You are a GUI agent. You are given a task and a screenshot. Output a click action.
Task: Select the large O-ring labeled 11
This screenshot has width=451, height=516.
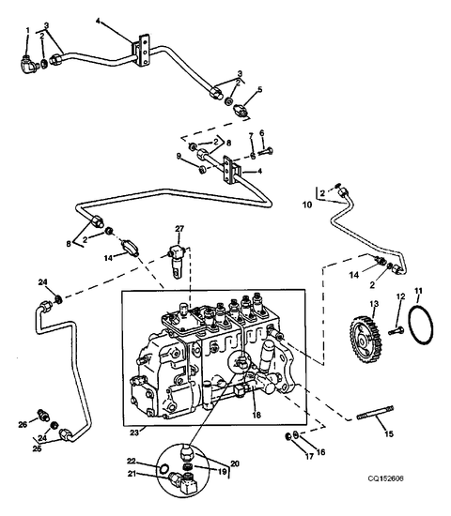(x=420, y=326)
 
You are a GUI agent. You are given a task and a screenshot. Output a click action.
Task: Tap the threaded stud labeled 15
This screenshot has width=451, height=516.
(x=375, y=413)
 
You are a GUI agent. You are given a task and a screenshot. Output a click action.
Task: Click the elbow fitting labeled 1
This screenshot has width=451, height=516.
(x=28, y=64)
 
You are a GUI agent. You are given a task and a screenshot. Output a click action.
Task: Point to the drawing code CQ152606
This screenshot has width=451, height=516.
(x=386, y=478)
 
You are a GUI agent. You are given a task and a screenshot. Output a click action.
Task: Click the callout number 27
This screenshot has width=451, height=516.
(x=179, y=228)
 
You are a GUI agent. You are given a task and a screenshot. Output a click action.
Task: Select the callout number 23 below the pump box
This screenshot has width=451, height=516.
(x=134, y=433)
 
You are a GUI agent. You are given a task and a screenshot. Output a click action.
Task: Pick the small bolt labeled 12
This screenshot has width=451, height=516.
(x=397, y=330)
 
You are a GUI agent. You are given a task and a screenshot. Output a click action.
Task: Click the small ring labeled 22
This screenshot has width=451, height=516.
(x=163, y=469)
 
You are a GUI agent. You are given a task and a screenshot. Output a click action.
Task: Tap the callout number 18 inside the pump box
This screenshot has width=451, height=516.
(x=257, y=415)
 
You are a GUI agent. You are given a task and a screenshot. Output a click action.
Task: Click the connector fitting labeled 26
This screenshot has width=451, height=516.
(x=43, y=415)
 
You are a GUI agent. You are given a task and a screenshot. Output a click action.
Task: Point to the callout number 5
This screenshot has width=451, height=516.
(x=259, y=89)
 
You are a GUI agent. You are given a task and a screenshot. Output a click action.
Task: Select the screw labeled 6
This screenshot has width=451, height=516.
(x=266, y=151)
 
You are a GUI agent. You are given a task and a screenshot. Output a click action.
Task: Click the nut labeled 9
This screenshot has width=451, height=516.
(x=203, y=170)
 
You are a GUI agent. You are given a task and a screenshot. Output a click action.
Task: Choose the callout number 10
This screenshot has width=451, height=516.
(x=307, y=205)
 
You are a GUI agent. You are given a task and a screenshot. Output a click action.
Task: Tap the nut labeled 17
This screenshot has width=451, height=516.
(x=288, y=436)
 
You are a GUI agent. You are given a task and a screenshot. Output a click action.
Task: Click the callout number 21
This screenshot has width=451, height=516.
(x=132, y=474)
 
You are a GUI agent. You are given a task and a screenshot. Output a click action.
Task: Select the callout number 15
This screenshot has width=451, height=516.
(x=389, y=433)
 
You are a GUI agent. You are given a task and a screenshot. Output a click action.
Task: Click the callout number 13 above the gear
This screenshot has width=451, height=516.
(x=375, y=303)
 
